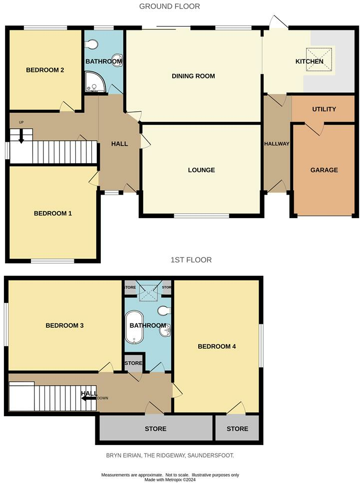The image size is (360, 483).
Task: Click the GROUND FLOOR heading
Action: [x=169, y=6]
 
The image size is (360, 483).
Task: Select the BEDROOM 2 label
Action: [x=45, y=70]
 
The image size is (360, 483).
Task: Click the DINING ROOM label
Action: [x=193, y=76]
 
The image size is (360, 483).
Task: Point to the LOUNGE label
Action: [x=201, y=170]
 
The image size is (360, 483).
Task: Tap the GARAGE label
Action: [x=324, y=170]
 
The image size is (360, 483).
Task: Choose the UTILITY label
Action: [x=324, y=109]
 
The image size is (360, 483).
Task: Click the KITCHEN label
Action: [x=310, y=62]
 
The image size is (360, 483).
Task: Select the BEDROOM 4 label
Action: [x=217, y=346]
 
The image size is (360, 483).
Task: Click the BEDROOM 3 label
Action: [x=64, y=325]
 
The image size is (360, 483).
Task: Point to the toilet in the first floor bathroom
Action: [x=162, y=311]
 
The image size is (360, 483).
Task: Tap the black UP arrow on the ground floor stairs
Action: [x=21, y=136]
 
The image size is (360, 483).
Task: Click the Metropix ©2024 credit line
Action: [x=170, y=480]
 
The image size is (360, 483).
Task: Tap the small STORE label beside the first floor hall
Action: [x=133, y=363]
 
